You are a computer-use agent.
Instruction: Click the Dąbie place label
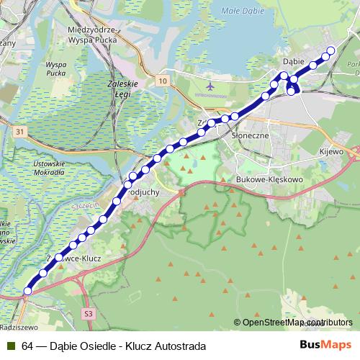tap(293, 62)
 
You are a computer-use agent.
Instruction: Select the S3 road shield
tap(88, 314)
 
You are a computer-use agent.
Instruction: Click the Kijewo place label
tap(330, 153)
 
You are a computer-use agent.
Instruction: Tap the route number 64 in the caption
tap(27, 346)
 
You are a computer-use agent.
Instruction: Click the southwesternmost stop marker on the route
tap(28, 290)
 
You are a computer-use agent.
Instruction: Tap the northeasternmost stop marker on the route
tap(330, 50)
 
